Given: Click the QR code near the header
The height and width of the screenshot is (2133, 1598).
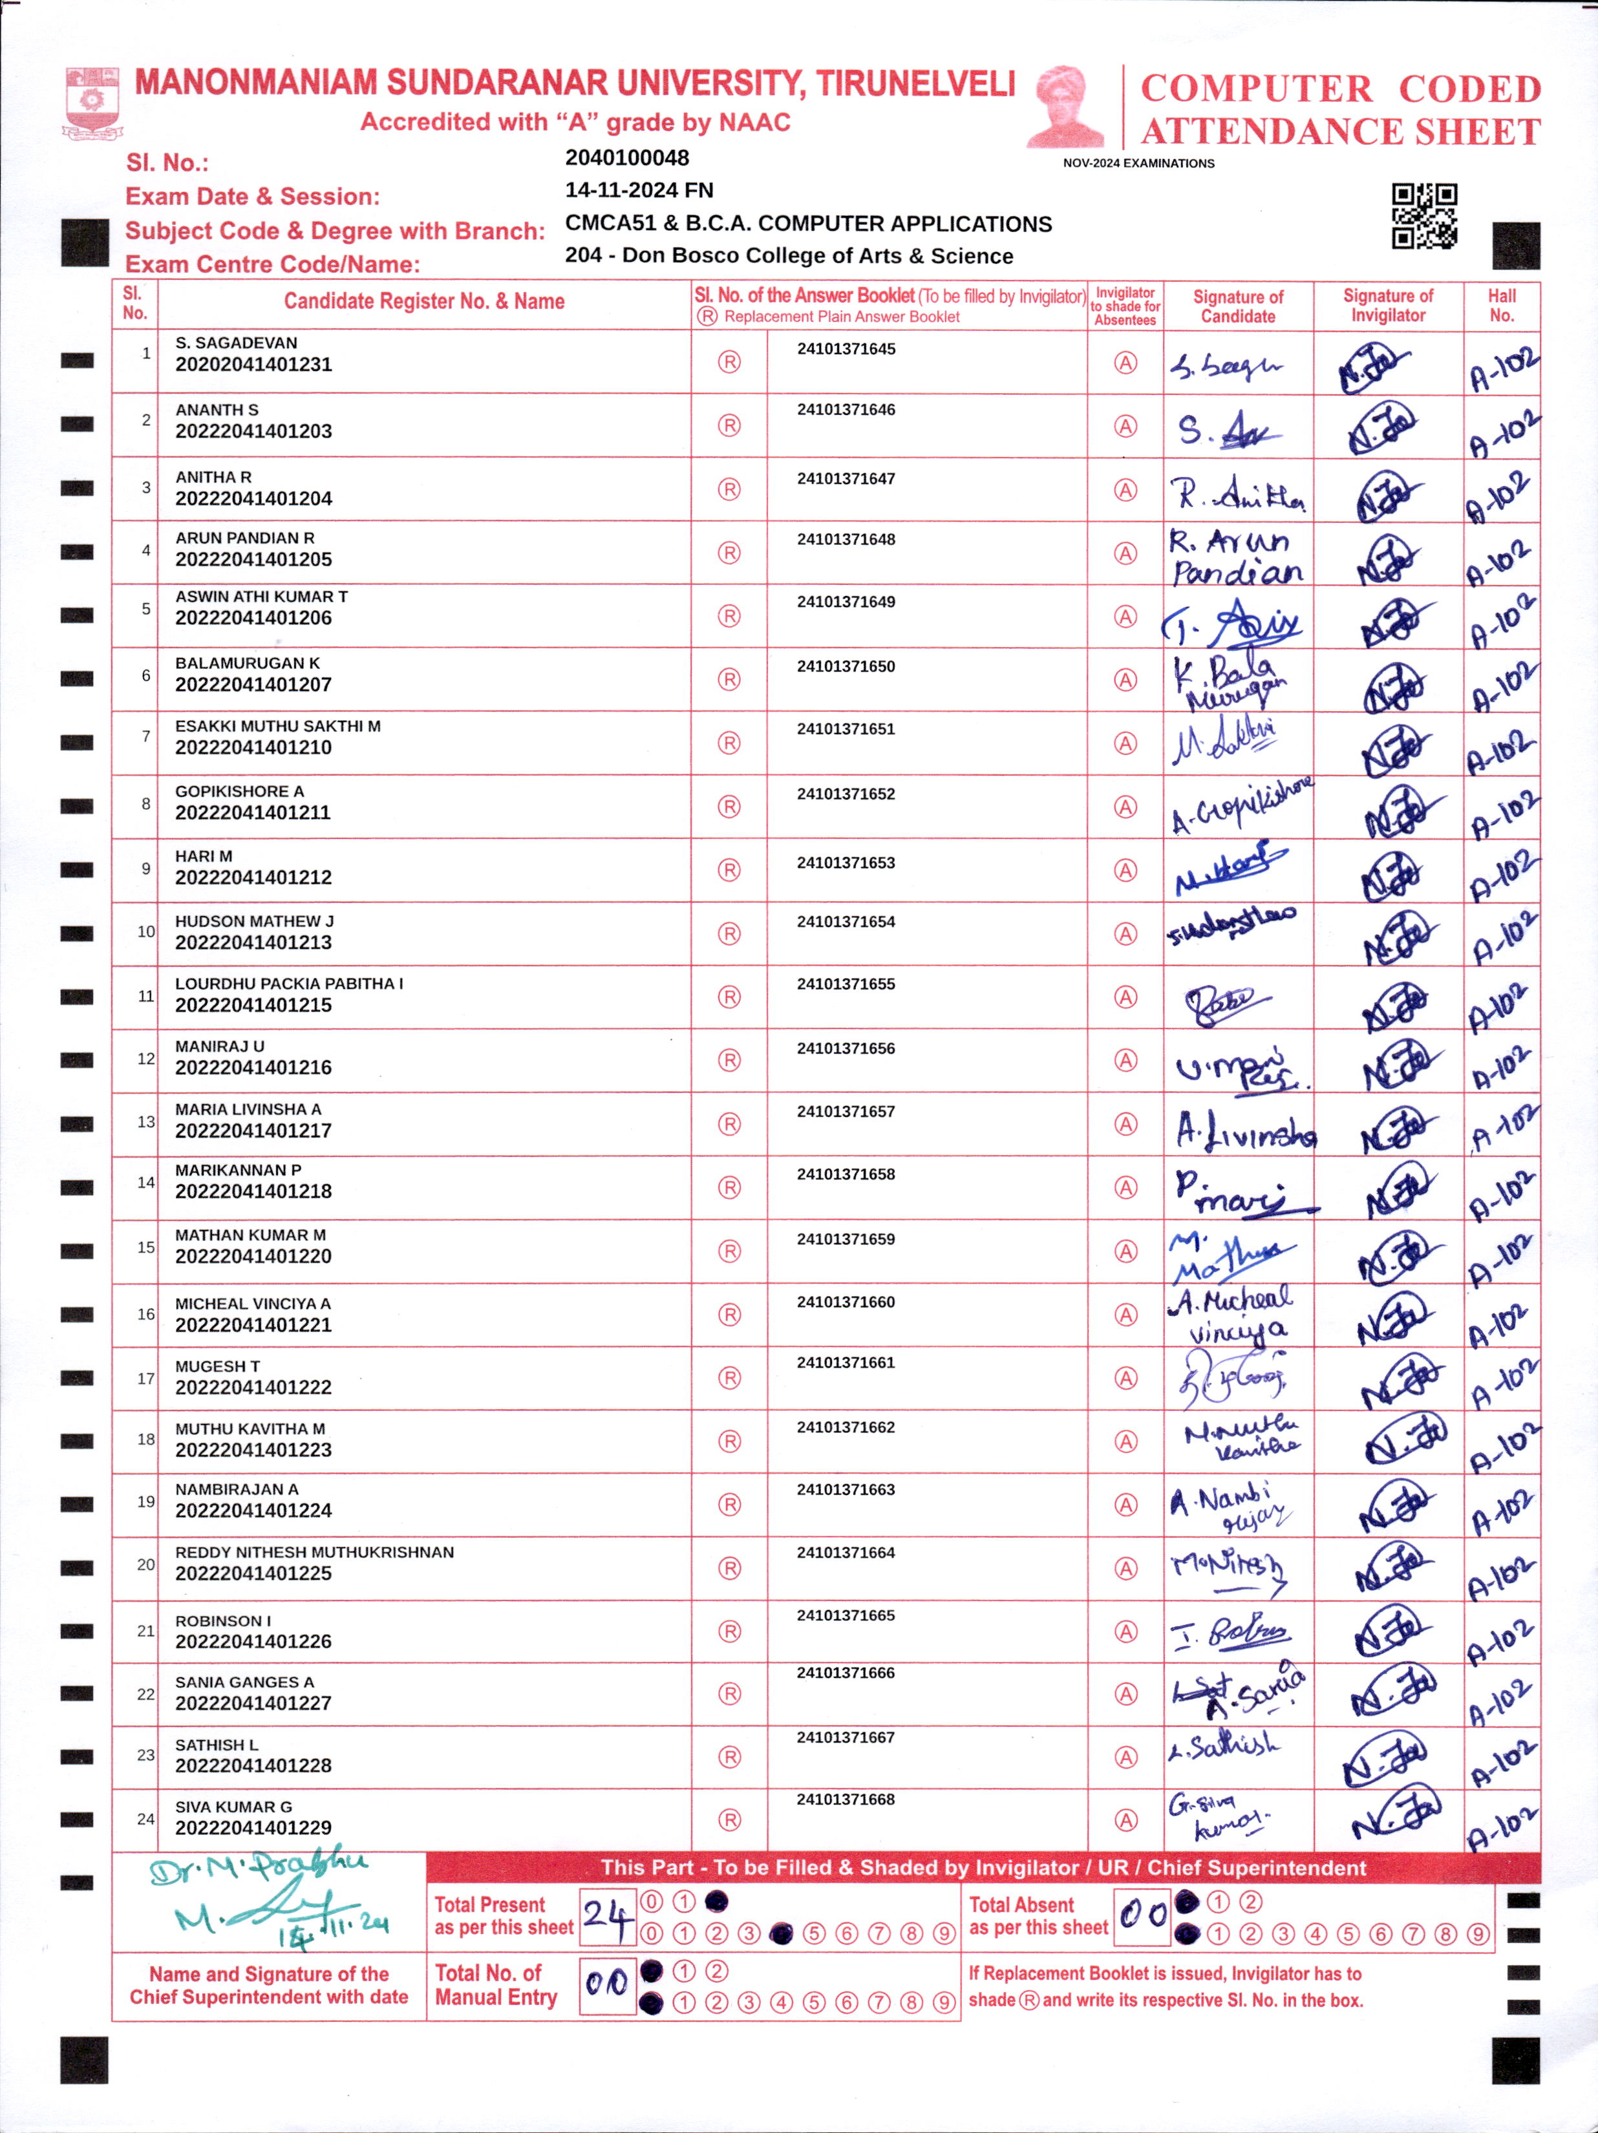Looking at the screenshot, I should coord(1423,216).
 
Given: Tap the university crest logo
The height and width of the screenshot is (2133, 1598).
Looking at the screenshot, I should coord(92,100).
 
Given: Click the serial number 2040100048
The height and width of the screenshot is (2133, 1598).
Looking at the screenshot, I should coord(627,158).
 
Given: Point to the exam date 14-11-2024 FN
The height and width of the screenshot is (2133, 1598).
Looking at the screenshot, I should coord(639,191).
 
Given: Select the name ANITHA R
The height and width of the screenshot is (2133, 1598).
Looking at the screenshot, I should coord(213,477).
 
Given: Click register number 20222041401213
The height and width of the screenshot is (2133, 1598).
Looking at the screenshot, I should coord(253,942).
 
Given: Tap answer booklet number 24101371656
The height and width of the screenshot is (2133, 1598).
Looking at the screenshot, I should coord(845,1048).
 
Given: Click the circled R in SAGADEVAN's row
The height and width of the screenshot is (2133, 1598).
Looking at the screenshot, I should coord(729,363).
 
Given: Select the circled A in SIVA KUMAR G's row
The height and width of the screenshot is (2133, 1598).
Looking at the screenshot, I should coord(1125,1820).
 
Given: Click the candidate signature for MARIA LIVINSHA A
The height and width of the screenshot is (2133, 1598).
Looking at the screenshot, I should coord(1244,1129).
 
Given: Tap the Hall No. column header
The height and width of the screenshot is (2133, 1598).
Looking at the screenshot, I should coord(1500,306).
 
